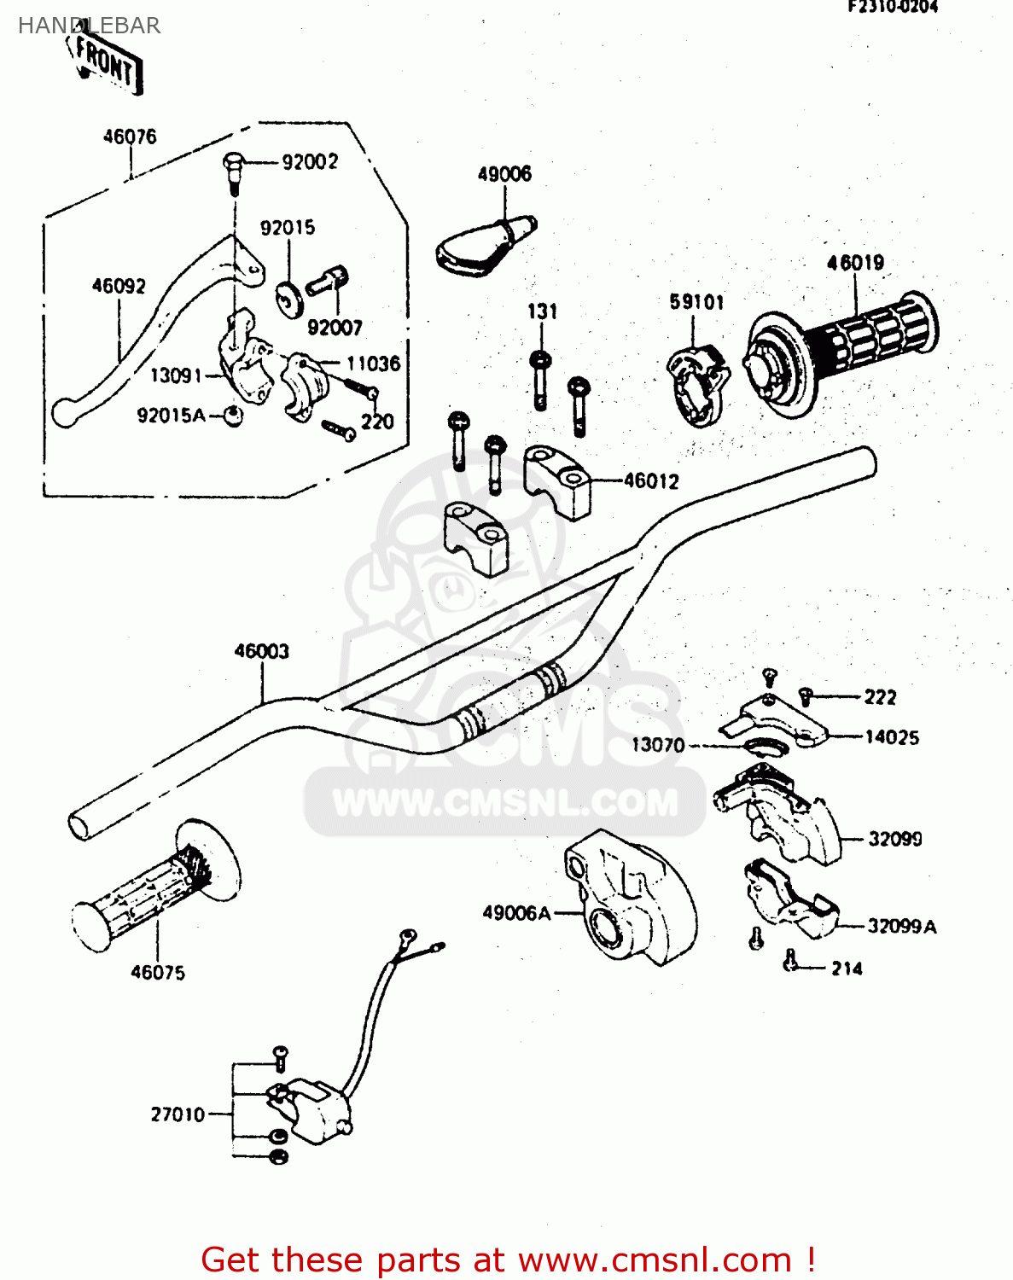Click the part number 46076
click(x=130, y=137)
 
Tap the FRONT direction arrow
click(x=106, y=62)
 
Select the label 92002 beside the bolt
click(x=310, y=162)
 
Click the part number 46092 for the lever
click(x=119, y=287)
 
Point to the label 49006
click(x=504, y=174)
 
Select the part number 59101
click(x=696, y=302)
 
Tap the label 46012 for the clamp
click(x=651, y=481)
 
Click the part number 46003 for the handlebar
click(x=262, y=652)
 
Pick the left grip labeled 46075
click(x=154, y=887)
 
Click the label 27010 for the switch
click(x=178, y=1114)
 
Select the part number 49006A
click(x=516, y=913)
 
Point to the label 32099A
click(x=901, y=927)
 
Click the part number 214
click(x=847, y=969)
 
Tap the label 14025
click(x=892, y=737)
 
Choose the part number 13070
click(x=658, y=745)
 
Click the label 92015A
click(x=171, y=416)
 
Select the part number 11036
click(x=373, y=364)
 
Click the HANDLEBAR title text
click(x=89, y=26)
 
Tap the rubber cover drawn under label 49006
click(x=482, y=247)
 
